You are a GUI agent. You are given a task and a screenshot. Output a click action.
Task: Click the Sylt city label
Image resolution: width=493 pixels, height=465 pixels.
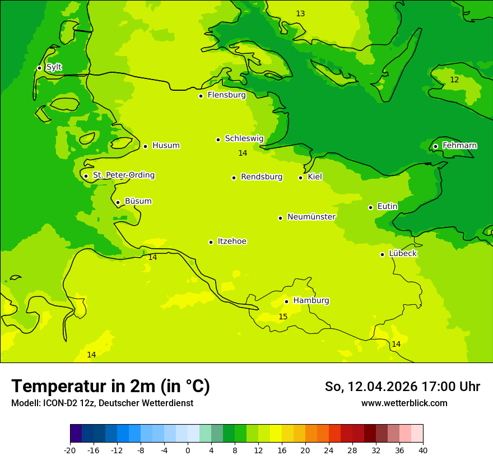[54, 67]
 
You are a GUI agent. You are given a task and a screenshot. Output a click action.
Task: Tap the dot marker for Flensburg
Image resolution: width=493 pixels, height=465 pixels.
[201, 96]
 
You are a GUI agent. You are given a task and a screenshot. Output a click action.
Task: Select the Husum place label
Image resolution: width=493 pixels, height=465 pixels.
[166, 146]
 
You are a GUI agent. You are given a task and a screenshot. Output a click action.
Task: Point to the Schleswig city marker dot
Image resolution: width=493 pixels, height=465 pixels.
[218, 139]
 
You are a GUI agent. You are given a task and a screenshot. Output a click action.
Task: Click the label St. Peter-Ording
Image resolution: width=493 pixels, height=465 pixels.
[123, 175]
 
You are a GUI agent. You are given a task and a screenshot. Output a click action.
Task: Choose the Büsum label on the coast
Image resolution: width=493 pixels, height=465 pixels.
[138, 201]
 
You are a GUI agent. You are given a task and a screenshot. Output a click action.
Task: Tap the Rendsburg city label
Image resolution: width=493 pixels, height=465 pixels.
[261, 177]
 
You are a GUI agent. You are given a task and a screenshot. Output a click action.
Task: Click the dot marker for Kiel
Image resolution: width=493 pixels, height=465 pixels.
[300, 178]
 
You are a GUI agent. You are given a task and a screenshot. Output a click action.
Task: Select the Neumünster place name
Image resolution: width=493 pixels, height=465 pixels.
[311, 217]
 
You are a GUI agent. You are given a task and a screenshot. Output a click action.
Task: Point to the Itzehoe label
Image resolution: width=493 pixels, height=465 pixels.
[231, 241]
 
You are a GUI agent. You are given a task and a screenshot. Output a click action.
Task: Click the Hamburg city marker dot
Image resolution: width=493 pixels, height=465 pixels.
[286, 301]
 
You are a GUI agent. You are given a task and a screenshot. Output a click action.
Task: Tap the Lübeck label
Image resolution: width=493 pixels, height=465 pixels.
[402, 253]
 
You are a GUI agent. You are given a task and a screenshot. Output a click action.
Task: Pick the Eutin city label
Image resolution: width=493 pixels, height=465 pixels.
[387, 207]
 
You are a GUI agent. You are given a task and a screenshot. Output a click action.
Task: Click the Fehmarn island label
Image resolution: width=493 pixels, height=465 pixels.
[459, 146]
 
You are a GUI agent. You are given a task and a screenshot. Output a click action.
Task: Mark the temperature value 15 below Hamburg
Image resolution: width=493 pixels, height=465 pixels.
[283, 317]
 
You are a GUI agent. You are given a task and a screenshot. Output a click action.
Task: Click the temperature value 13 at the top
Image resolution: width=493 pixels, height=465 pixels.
[300, 13]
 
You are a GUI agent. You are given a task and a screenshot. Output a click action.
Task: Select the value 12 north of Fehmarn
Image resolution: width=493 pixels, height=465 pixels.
[454, 80]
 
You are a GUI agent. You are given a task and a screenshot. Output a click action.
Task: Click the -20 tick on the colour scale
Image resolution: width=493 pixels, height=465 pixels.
[70, 451]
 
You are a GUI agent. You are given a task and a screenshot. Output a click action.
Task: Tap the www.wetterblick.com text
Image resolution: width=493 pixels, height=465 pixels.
[404, 403]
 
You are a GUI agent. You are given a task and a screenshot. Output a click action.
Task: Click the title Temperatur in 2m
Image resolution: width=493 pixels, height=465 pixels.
[110, 386]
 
